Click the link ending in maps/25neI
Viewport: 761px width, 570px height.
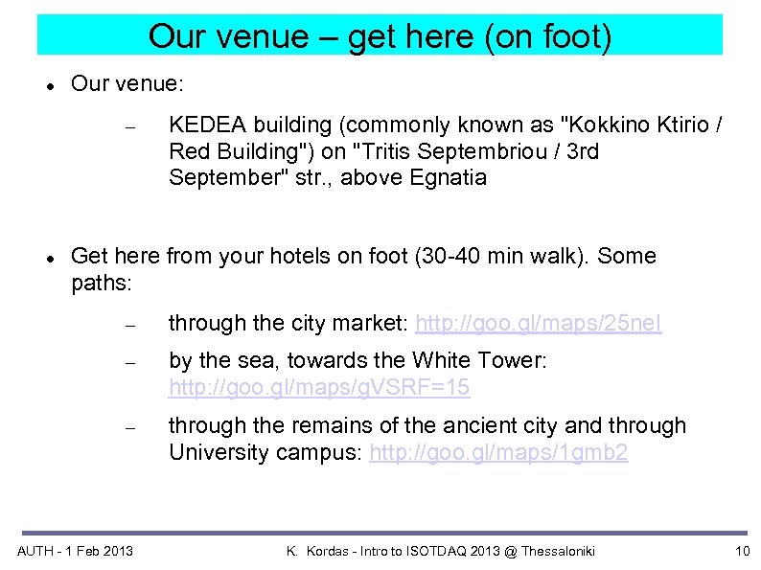click(x=538, y=324)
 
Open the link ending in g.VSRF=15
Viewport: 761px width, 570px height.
click(x=319, y=388)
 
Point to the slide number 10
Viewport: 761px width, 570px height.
click(x=741, y=551)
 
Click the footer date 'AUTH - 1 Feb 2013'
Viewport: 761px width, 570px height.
click(x=76, y=551)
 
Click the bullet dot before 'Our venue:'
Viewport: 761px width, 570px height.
click(x=48, y=85)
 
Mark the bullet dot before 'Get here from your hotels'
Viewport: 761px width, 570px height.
click(x=48, y=258)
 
